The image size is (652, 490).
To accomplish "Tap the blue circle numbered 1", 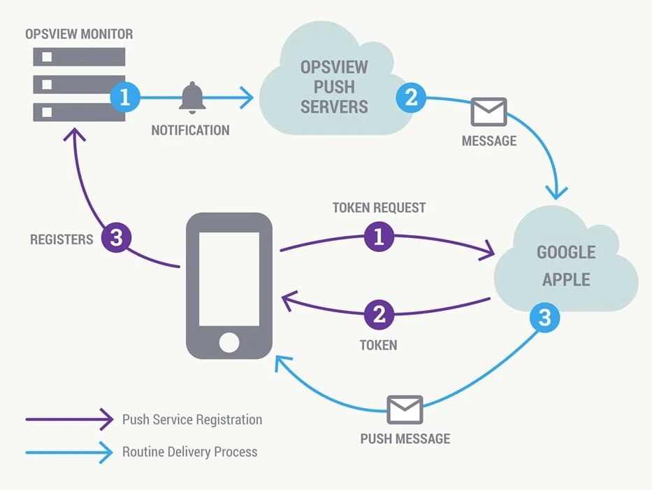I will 125,97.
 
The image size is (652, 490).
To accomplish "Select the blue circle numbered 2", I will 412,97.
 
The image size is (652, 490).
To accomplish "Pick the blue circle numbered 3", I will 545,318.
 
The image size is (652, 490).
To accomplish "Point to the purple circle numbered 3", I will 117,238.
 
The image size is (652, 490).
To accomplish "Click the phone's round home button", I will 229,342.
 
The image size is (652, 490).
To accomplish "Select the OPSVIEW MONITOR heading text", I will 79,34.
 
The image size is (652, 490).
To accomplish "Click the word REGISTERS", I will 61,239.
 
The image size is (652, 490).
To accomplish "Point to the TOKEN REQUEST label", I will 379,208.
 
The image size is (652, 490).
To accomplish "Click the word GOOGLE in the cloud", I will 566,252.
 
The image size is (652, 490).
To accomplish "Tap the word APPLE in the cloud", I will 566,279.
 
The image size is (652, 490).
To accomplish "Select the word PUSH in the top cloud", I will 334,87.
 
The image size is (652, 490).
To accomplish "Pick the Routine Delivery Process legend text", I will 190,451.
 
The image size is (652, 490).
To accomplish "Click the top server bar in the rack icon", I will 79,57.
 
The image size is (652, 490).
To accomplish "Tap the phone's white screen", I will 229,276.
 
